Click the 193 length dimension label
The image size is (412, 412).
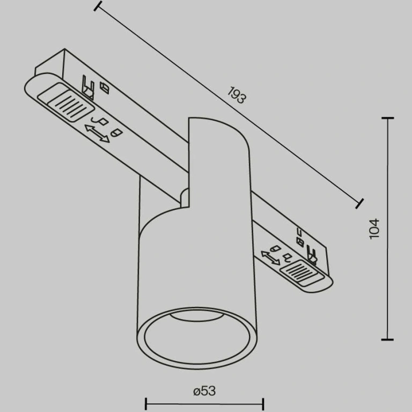click(237, 95)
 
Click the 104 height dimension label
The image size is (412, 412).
click(374, 229)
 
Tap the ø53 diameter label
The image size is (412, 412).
click(204, 391)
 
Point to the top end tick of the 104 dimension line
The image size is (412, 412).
click(387, 118)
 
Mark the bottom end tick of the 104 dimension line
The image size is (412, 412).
click(387, 340)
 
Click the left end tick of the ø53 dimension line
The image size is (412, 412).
click(146, 404)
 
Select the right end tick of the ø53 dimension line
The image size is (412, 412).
click(263, 404)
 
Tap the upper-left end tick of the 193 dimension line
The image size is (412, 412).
click(98, 6)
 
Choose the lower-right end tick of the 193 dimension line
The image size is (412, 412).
click(359, 204)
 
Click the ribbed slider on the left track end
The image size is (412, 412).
click(65, 102)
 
